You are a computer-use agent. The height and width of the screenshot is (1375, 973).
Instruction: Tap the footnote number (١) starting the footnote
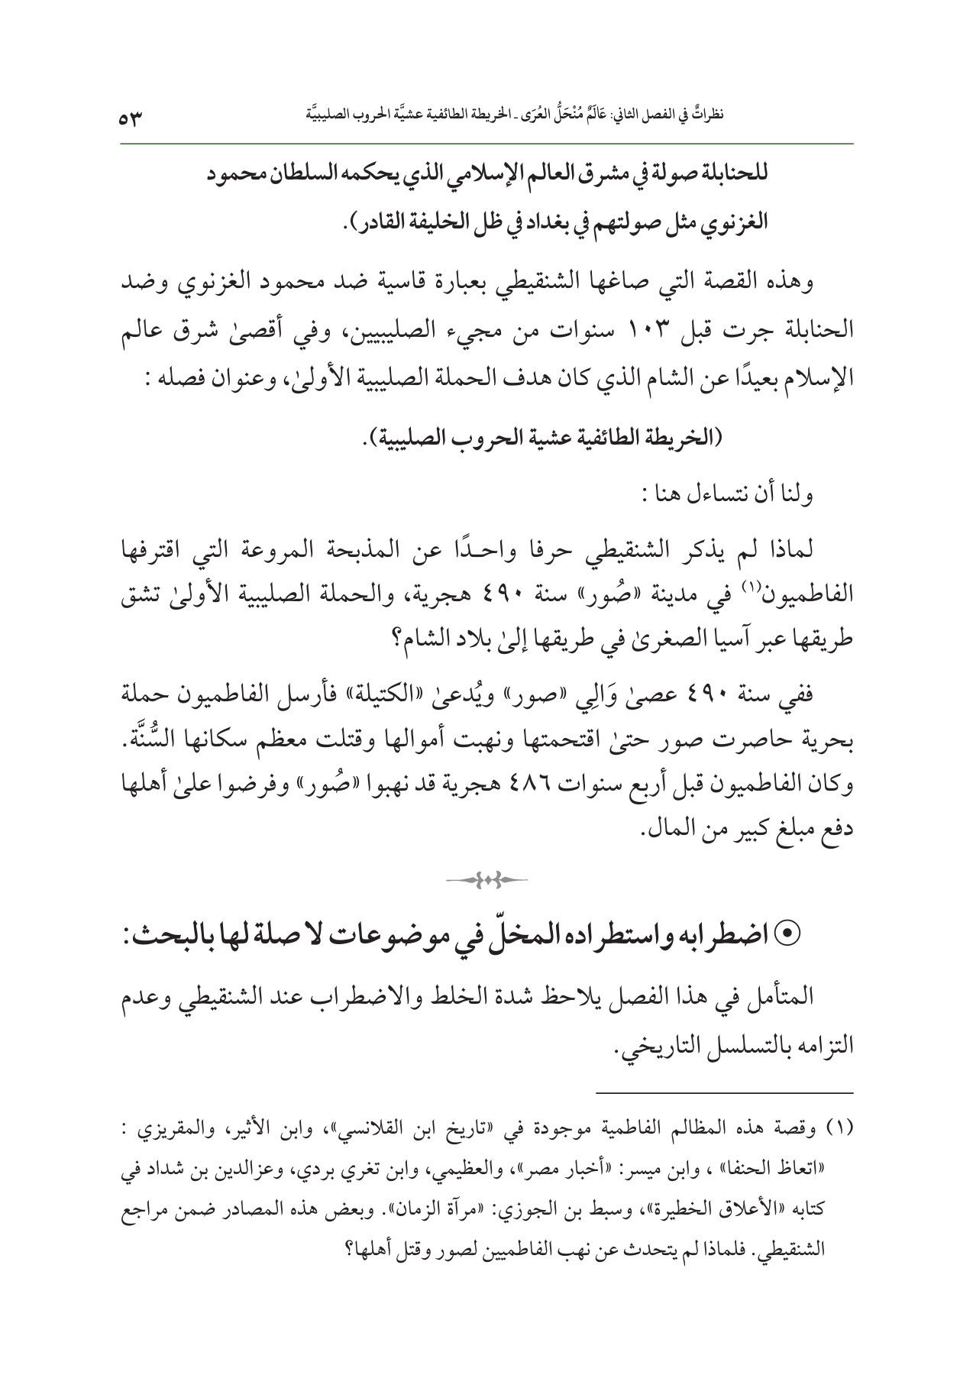pos(839,1131)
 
